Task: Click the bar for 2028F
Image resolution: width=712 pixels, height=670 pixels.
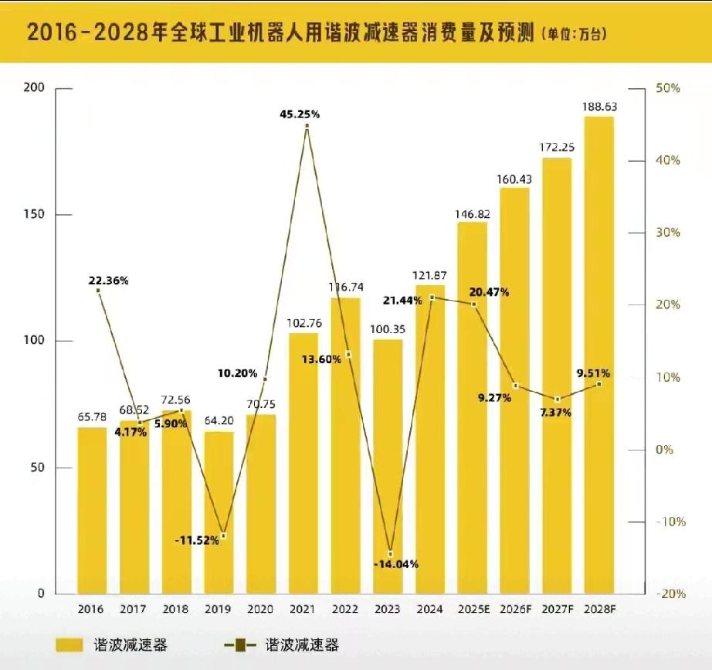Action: click(x=598, y=355)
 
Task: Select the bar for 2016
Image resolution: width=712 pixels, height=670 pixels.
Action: click(x=92, y=510)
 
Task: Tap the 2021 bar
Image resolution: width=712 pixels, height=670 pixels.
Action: click(x=303, y=464)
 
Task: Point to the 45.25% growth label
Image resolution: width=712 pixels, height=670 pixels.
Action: click(x=300, y=114)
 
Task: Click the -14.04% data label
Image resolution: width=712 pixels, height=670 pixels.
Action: click(x=395, y=564)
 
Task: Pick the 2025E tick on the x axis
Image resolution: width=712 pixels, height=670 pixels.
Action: click(x=473, y=610)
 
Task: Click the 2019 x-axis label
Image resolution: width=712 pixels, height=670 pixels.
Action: click(x=219, y=610)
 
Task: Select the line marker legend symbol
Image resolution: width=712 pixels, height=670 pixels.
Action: click(x=240, y=644)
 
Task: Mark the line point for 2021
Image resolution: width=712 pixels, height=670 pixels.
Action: click(x=307, y=126)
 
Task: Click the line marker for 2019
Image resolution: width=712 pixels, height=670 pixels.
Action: click(x=223, y=536)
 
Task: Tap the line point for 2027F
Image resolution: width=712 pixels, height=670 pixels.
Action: click(x=558, y=399)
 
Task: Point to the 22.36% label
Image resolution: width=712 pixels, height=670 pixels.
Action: click(x=108, y=281)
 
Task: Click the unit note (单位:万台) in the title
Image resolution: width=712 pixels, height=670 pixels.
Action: click(x=575, y=33)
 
